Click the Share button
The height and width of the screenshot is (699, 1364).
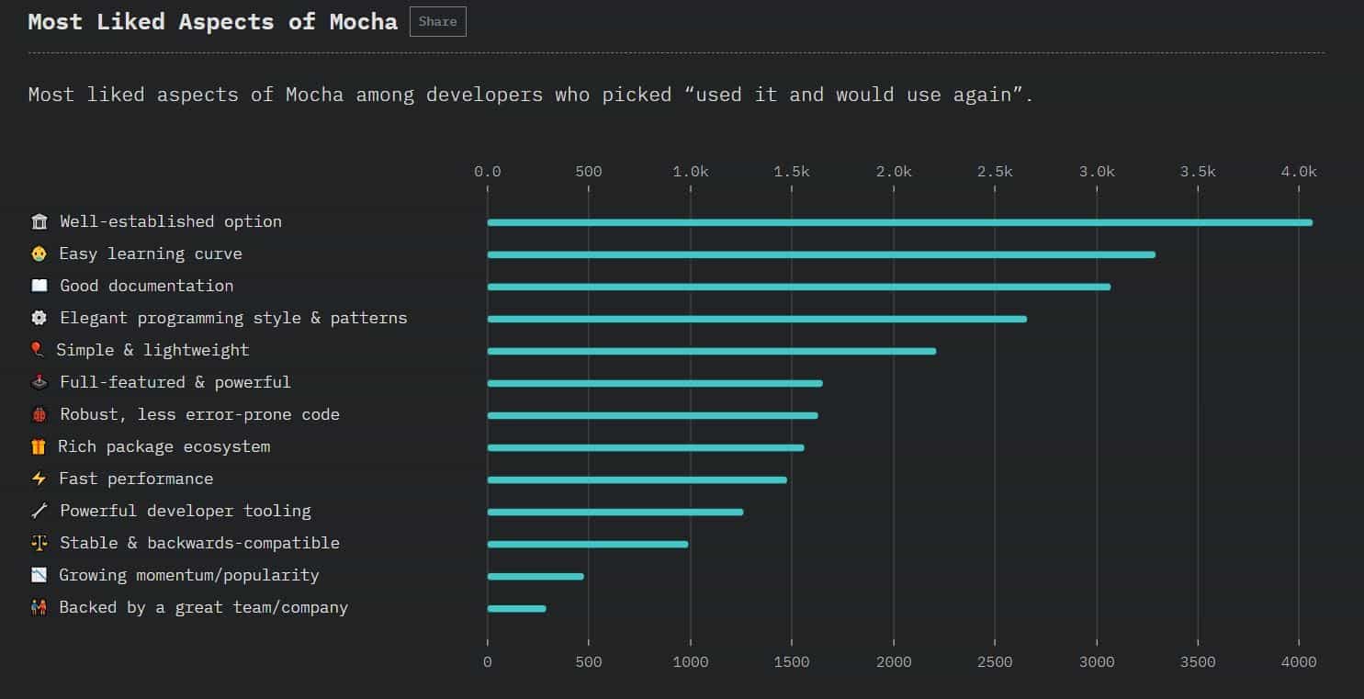pyautogui.click(x=437, y=22)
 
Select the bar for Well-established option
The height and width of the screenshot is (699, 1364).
pyautogui.click(x=899, y=222)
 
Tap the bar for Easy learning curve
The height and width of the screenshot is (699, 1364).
pyautogui.click(x=820, y=254)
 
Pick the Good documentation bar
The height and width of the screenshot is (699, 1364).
pyautogui.click(x=798, y=287)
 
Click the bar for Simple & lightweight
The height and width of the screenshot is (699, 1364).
pyautogui.click(x=711, y=351)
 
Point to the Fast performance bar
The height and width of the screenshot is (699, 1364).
pyautogui.click(x=637, y=479)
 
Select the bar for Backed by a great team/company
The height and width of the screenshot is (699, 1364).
pyautogui.click(x=516, y=608)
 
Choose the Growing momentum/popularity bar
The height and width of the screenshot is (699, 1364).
pyautogui.click(x=535, y=576)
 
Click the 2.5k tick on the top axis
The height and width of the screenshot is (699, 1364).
pyautogui.click(x=995, y=172)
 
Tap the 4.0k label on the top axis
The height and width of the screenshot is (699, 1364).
pyautogui.click(x=1299, y=172)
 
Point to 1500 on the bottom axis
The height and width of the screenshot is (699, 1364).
pyautogui.click(x=792, y=661)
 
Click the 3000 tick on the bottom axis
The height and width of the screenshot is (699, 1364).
pyautogui.click(x=1096, y=661)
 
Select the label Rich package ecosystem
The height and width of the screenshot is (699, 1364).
pyautogui.click(x=164, y=446)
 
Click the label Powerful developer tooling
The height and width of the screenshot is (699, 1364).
pyautogui.click(x=185, y=511)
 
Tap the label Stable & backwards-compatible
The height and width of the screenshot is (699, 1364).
pyautogui.click(x=199, y=543)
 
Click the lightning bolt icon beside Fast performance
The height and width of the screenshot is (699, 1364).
pyautogui.click(x=39, y=479)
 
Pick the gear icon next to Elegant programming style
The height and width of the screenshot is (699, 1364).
pyautogui.click(x=39, y=318)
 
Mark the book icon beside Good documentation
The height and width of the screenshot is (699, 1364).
pyautogui.click(x=39, y=286)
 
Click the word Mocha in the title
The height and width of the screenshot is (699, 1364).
pyautogui.click(x=364, y=22)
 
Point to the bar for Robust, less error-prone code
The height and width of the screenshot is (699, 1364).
pyautogui.click(x=652, y=415)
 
